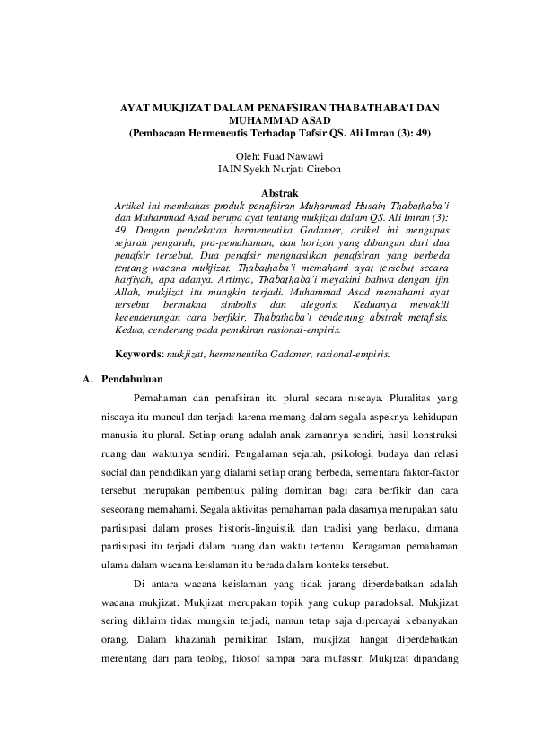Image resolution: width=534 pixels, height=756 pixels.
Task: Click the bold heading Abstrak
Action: [279, 192]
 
